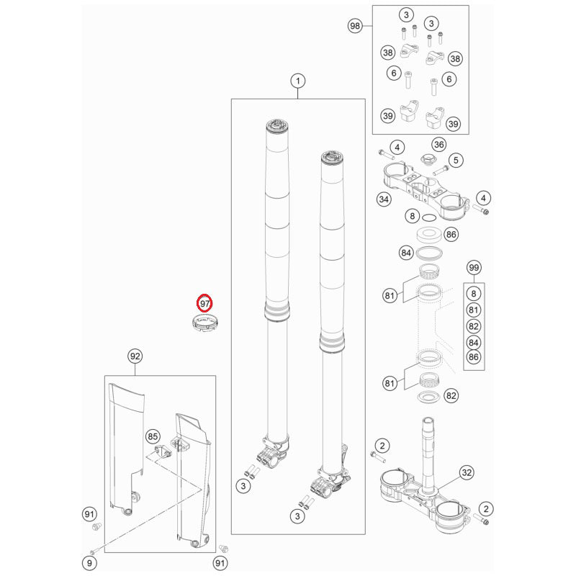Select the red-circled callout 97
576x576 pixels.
point(205,303)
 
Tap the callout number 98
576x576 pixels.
point(354,26)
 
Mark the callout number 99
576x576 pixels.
point(473,268)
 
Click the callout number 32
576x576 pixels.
point(467,473)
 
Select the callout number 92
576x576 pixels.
point(134,356)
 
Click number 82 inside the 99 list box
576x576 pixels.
point(473,326)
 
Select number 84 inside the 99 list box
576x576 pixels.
point(473,342)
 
